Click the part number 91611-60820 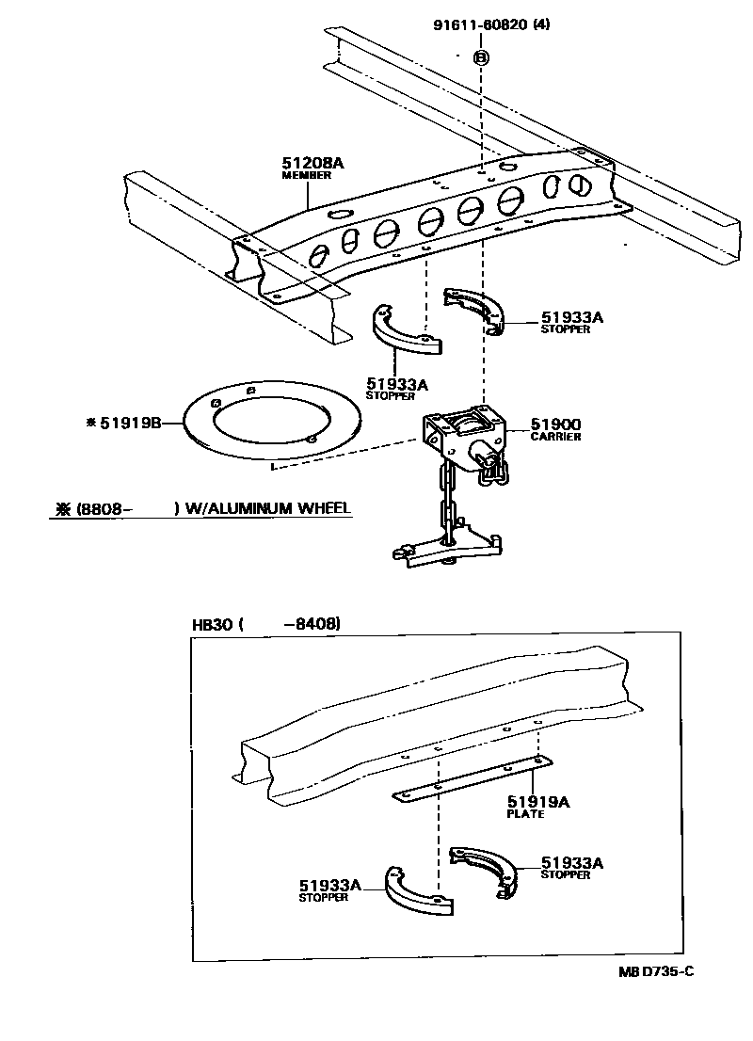point(480,25)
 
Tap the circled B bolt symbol point(481,57)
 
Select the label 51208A point(313,163)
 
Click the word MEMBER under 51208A point(302,176)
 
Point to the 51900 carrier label point(555,424)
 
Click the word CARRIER point(555,437)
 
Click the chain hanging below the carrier point(447,504)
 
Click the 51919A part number point(539,801)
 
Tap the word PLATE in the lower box point(525,814)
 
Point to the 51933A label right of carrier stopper point(571,317)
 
